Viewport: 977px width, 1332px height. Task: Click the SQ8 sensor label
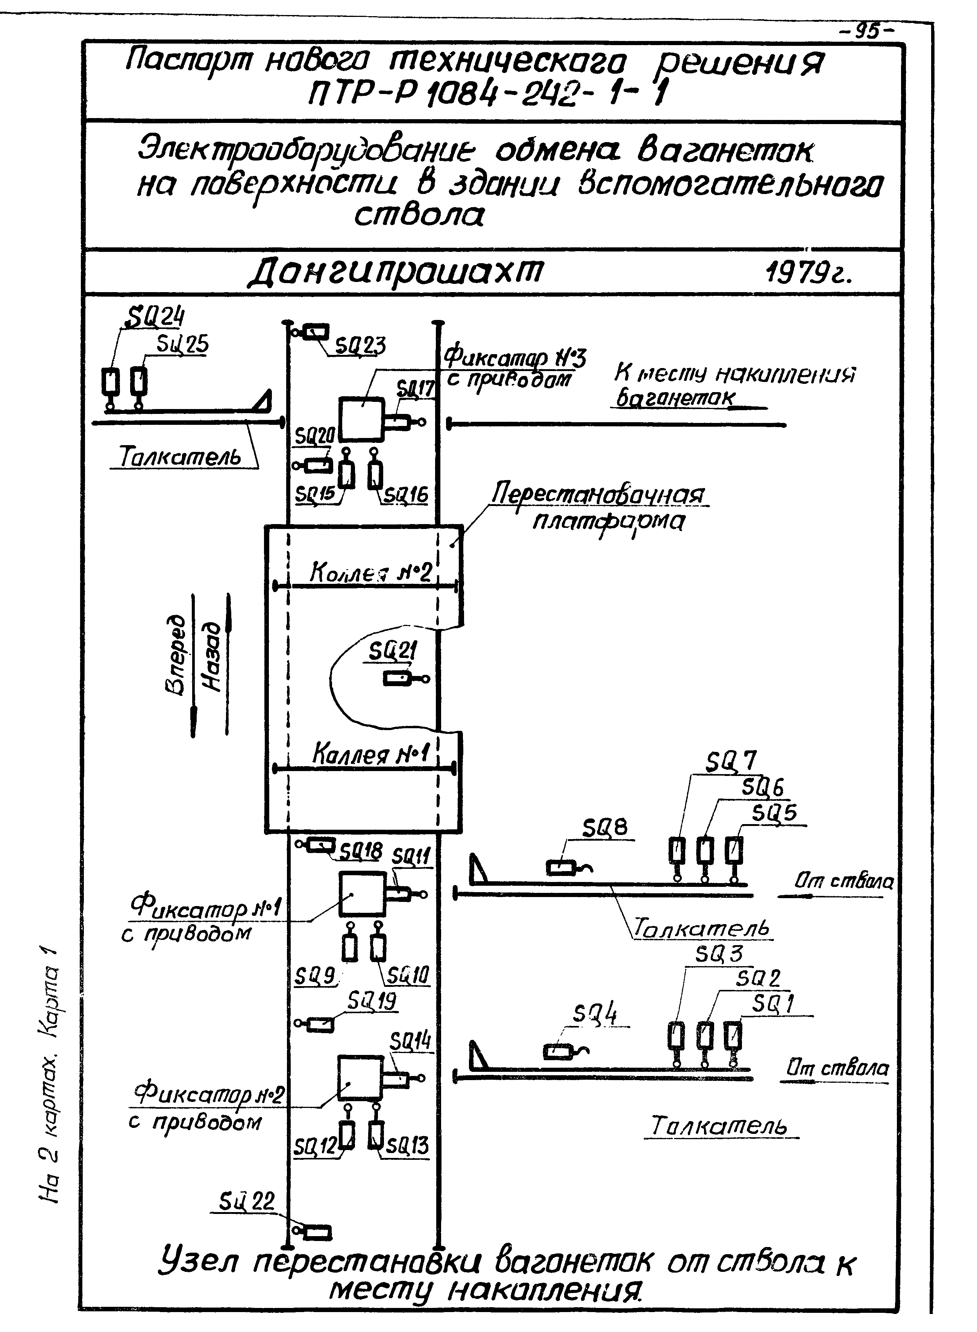pos(604,828)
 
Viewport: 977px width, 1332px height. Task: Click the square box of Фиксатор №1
pos(362,894)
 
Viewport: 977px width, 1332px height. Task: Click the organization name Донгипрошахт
pos(394,273)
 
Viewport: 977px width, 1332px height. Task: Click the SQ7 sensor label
pos(731,762)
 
